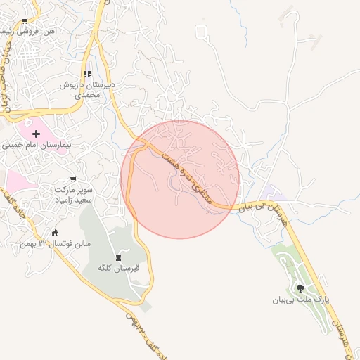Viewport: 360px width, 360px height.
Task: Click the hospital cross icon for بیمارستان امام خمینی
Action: tap(37, 133)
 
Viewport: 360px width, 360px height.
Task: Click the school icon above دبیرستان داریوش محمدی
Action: tap(87, 74)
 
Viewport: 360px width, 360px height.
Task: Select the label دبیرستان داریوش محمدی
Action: tap(86, 89)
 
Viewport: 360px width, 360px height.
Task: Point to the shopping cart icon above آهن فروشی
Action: tap(25, 22)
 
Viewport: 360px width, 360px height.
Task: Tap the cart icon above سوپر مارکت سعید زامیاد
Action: tap(73, 179)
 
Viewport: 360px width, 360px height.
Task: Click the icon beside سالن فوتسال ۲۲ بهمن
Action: tap(56, 233)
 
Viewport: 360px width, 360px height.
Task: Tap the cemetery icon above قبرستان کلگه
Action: tap(118, 257)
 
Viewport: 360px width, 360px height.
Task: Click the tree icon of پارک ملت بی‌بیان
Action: tap(301, 288)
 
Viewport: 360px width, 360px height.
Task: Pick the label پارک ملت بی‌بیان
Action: tap(301, 300)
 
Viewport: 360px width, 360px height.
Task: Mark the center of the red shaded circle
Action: tap(180, 179)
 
